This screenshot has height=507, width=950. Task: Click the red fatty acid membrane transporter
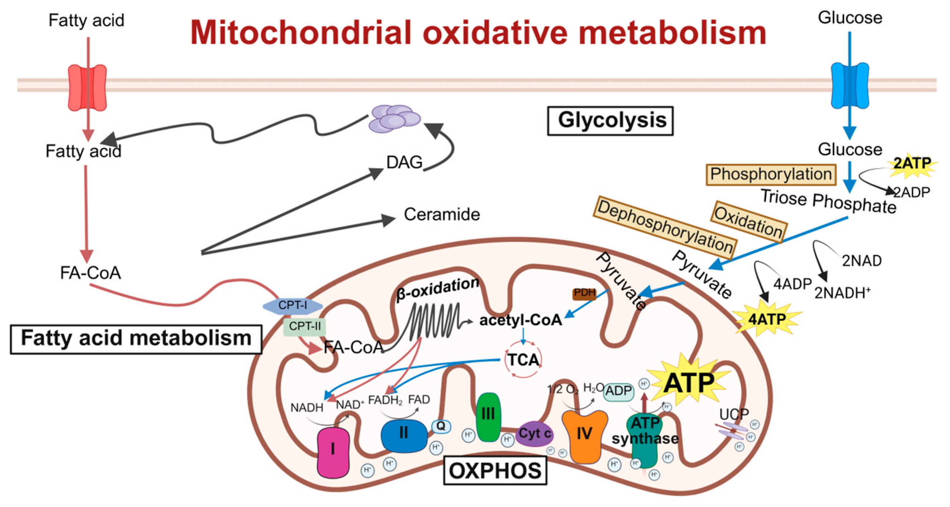click(87, 87)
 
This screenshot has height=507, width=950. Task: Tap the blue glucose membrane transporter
click(850, 85)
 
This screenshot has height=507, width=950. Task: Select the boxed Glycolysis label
click(611, 121)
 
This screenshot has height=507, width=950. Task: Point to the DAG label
click(404, 162)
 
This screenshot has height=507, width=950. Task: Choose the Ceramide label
click(442, 214)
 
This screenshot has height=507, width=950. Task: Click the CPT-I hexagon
click(293, 305)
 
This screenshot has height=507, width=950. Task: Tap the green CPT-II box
click(305, 326)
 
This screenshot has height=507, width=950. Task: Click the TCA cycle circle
click(523, 359)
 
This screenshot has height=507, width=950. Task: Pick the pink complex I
click(333, 452)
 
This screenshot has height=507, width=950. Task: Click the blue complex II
click(404, 435)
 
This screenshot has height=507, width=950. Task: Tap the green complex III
click(488, 417)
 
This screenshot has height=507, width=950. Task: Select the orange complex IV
click(584, 435)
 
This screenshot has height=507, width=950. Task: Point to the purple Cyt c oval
click(535, 434)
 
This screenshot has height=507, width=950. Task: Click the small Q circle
click(441, 427)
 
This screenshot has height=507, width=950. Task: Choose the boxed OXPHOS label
click(495, 471)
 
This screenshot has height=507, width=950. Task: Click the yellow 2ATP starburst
click(912, 163)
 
